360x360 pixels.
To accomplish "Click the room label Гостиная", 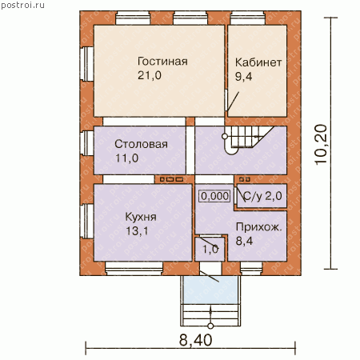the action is tap(162, 62).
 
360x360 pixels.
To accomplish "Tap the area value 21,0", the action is tap(150, 75).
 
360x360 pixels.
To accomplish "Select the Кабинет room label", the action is tap(258, 62).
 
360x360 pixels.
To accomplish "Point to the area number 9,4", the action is tap(243, 77).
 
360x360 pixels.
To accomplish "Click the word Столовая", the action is tap(141, 144).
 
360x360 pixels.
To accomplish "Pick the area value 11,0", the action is tap(126, 158).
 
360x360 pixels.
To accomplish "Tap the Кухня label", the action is tap(141, 217).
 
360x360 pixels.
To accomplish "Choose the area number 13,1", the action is tap(137, 231).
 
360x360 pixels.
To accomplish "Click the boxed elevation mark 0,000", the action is tap(214, 196).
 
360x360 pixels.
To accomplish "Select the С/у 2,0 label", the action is tap(262, 196).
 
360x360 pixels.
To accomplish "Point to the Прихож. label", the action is tap(258, 227).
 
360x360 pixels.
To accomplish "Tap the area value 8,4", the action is tap(244, 241).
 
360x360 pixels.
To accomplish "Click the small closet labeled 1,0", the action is tap(210, 249).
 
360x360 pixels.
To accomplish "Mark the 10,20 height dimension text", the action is tap(321, 144).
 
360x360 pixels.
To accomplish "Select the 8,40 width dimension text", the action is tap(196, 340).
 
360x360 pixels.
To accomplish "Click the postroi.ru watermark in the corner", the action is tap(22, 5).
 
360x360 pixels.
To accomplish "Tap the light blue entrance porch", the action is tap(210, 290).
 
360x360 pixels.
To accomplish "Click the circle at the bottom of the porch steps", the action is tap(210, 326).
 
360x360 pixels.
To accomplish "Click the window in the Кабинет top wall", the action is tap(247, 18).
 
